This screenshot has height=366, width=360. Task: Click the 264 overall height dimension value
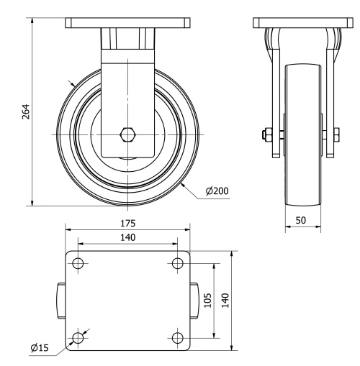click(x=25, y=112)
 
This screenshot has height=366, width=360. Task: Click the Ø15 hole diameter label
click(x=40, y=348)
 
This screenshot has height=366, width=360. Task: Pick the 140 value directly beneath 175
click(x=127, y=237)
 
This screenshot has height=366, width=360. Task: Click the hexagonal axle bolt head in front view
click(x=127, y=134)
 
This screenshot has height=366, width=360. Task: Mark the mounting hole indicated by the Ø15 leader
click(x=78, y=337)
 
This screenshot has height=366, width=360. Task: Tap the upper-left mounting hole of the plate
click(x=78, y=263)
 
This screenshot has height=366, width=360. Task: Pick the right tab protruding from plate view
click(x=195, y=300)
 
